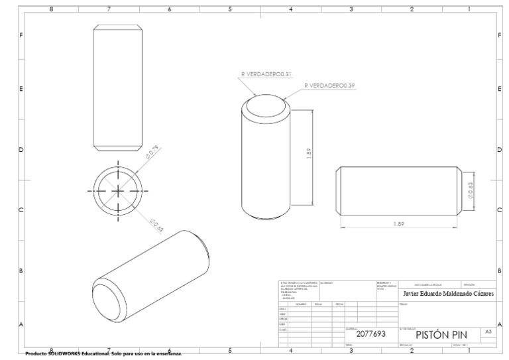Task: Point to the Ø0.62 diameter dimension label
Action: [x=157, y=225]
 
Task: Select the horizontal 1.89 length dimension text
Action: [x=398, y=224]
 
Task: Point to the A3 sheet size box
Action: [x=488, y=330]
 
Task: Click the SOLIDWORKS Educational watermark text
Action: [x=103, y=354]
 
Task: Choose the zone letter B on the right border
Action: [x=499, y=271]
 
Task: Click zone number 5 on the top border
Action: [x=230, y=9]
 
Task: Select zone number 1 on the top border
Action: [x=469, y=9]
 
